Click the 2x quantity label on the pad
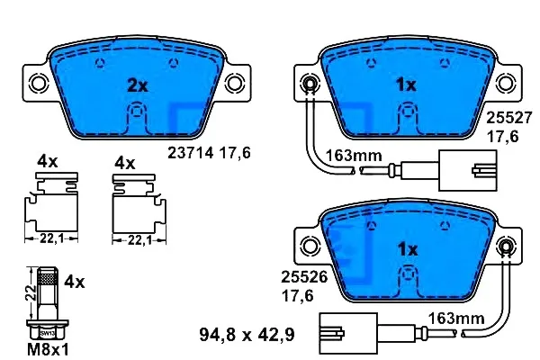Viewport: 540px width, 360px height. pyautogui.click(x=138, y=85)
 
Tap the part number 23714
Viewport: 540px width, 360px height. pyautogui.click(x=191, y=153)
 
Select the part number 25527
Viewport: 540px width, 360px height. pyautogui.click(x=509, y=118)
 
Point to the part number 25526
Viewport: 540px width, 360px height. pyautogui.click(x=304, y=276)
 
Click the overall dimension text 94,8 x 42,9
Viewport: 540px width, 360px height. pyautogui.click(x=247, y=335)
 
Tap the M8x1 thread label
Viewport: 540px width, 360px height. pyautogui.click(x=48, y=350)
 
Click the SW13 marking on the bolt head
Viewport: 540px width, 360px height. pyautogui.click(x=47, y=333)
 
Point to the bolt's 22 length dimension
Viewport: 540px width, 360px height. pyautogui.click(x=31, y=292)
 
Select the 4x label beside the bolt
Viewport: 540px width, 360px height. pyautogui.click(x=74, y=282)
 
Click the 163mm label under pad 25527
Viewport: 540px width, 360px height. pyautogui.click(x=354, y=156)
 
